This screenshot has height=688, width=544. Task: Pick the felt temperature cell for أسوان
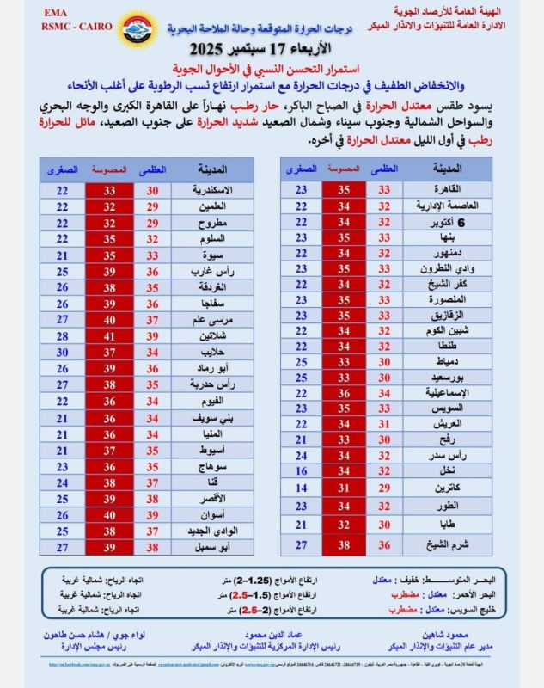[110, 514]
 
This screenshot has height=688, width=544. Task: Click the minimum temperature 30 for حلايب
[62, 351]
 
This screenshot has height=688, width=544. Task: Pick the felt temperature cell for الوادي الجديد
[110, 531]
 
